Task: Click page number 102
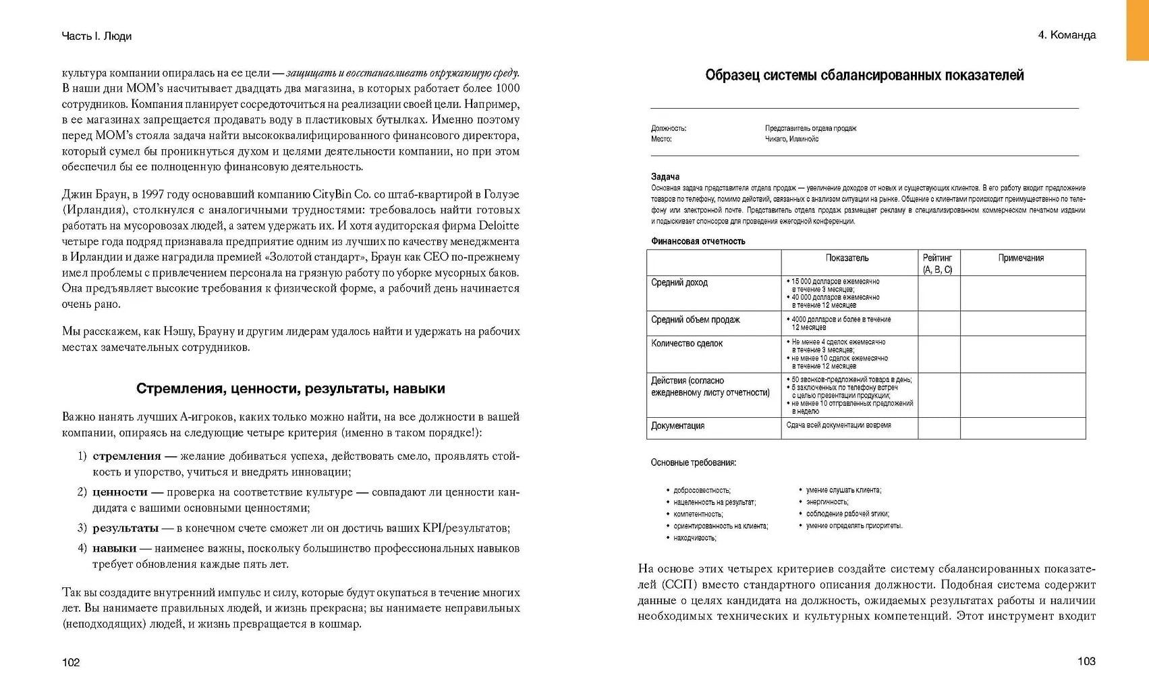coord(71,662)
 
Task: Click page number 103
coord(1086,661)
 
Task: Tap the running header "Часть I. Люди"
coord(96,36)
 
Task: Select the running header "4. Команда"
coord(1067,35)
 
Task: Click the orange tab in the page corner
coord(1137,30)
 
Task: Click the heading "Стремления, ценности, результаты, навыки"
coord(291,389)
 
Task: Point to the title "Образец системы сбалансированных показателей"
coord(864,76)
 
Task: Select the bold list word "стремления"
coord(127,456)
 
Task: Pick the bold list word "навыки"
coord(114,548)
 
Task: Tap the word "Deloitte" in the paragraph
coord(499,225)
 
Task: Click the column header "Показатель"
coord(847,258)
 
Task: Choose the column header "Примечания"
coord(1021,258)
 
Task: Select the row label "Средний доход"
coord(679,283)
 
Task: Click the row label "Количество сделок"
coord(687,344)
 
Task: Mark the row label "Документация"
coord(677,426)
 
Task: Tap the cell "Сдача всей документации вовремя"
coord(839,425)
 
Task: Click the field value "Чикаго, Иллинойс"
coord(791,139)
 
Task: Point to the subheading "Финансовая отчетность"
coord(698,241)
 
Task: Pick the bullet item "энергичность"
coord(827,502)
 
